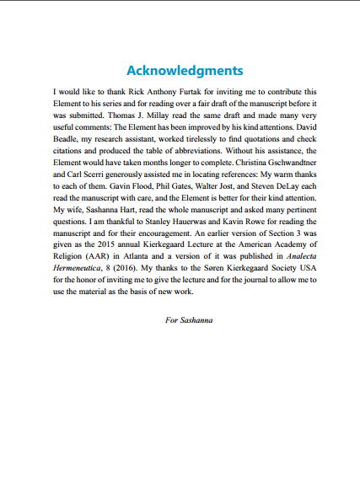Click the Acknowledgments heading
184,69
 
